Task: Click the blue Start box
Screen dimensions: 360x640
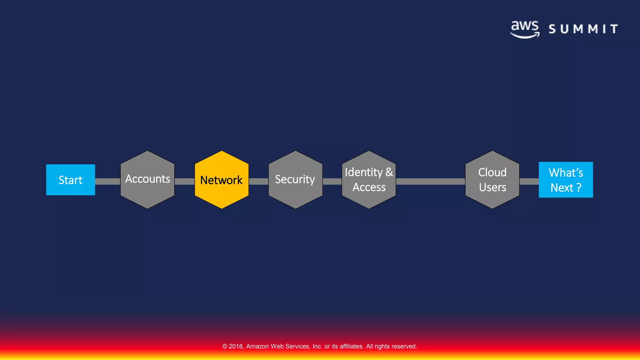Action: point(71,180)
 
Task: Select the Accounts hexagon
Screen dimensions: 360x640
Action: point(147,180)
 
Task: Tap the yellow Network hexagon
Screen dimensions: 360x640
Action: point(222,180)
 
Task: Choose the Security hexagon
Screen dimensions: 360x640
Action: point(295,180)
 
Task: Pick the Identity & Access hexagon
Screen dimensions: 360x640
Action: point(369,180)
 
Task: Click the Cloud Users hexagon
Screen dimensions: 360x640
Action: point(492,180)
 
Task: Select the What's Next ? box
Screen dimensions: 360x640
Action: point(566,180)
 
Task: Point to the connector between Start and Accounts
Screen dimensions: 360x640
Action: point(107,182)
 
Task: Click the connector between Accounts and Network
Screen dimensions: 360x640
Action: point(184,182)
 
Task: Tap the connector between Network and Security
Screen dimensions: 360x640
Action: point(258,182)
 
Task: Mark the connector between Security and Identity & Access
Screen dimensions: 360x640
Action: point(332,182)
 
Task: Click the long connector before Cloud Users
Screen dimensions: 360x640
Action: point(430,182)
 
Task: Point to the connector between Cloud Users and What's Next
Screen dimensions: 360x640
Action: point(529,182)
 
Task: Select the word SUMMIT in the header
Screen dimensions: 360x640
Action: point(583,29)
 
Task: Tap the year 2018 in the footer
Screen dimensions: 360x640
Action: point(236,346)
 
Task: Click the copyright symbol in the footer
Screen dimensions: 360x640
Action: point(225,346)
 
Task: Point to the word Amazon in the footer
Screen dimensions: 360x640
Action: point(257,346)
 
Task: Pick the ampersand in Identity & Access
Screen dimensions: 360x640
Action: point(389,172)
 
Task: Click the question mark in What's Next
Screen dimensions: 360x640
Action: point(579,187)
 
